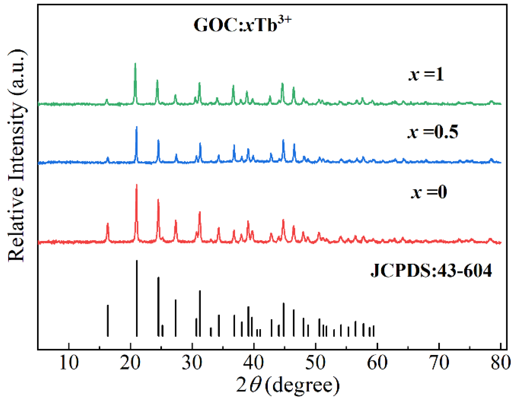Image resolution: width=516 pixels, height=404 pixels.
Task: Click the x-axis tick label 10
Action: pos(69,363)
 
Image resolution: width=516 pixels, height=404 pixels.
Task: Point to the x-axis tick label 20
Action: pos(130,363)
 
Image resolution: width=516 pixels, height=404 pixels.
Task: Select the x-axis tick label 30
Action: pos(192,363)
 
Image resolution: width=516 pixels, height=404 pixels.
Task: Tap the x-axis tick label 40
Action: pos(254,363)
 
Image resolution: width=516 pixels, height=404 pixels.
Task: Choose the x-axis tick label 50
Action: pos(315,363)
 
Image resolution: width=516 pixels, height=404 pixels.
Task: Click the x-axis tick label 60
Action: pos(377,363)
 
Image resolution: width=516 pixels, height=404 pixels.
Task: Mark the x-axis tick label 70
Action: pos(439,363)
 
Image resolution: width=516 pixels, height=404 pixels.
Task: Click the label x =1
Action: pos(426,75)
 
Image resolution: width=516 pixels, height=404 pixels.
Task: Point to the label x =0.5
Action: pos(432,132)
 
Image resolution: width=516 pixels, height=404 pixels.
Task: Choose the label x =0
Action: pos(429,192)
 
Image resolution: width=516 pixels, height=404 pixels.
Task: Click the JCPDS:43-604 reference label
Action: pos(431,271)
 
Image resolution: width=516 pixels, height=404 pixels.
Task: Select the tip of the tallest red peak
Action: pos(137,185)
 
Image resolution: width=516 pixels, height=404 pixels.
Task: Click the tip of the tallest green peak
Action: pos(135,63)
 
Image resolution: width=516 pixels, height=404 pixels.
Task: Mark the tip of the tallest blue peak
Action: pos(137,127)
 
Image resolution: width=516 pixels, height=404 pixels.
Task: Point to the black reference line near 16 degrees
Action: pos(108,321)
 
